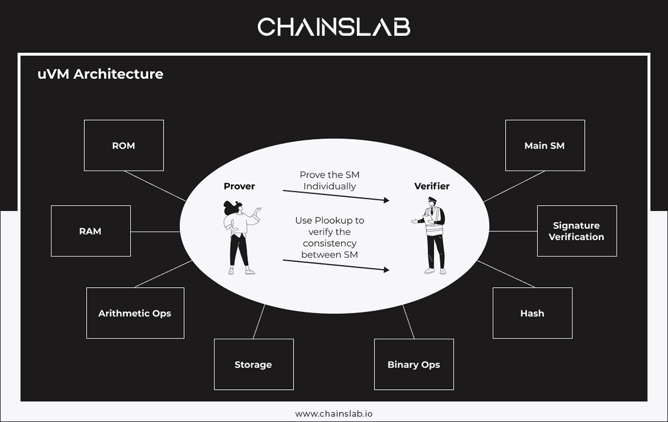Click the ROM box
pyautogui.click(x=124, y=145)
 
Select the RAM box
pyautogui.click(x=91, y=231)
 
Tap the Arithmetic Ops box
pyautogui.click(x=135, y=313)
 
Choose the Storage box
pyautogui.click(x=253, y=365)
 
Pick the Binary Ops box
pyautogui.click(x=414, y=365)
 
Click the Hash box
pyautogui.click(x=532, y=313)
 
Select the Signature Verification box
pyautogui.click(x=577, y=231)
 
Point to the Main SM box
pyautogui.click(x=544, y=145)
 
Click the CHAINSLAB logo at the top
pyautogui.click(x=334, y=27)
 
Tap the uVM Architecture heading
pyautogui.click(x=100, y=74)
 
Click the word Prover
pyautogui.click(x=239, y=186)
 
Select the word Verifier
pyautogui.click(x=432, y=186)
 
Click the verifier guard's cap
pyautogui.click(x=432, y=200)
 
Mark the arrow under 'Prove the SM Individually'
pyautogui.click(x=336, y=196)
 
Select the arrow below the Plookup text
pyautogui.click(x=336, y=265)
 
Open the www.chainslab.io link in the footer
pyautogui.click(x=334, y=414)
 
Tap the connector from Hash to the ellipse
pyautogui.click(x=506, y=274)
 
